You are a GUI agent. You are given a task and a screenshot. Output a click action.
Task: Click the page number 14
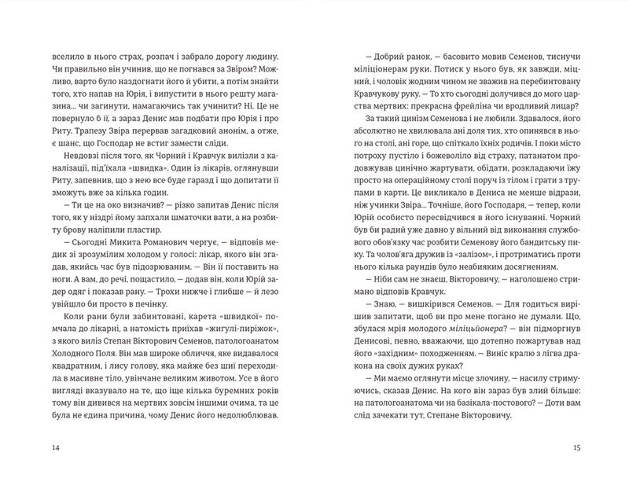tap(54, 448)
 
